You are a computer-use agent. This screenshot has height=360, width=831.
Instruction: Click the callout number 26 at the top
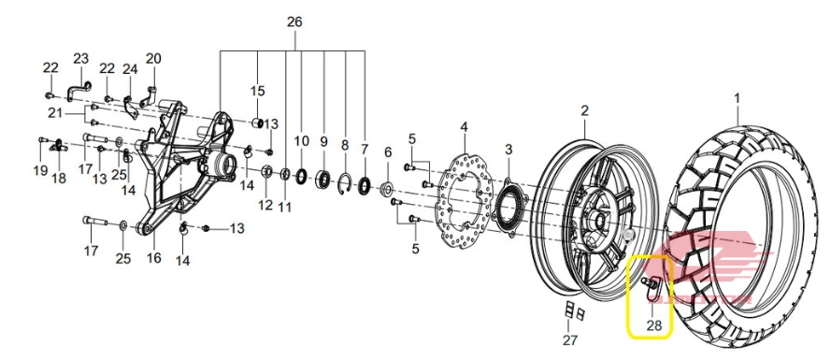tap(294, 22)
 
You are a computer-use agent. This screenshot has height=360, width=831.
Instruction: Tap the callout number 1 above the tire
tap(737, 98)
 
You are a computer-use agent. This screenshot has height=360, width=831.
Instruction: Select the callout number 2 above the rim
tap(584, 111)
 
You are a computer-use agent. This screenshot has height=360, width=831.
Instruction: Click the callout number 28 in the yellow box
tap(654, 325)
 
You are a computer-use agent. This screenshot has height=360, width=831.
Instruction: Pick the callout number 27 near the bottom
tap(569, 339)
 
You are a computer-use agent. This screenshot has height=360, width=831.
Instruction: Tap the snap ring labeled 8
tap(344, 184)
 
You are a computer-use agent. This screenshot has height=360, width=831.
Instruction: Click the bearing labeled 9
tap(323, 179)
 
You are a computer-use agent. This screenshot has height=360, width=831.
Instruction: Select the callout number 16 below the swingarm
tap(153, 258)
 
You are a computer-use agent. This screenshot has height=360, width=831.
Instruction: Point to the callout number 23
tap(81, 58)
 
